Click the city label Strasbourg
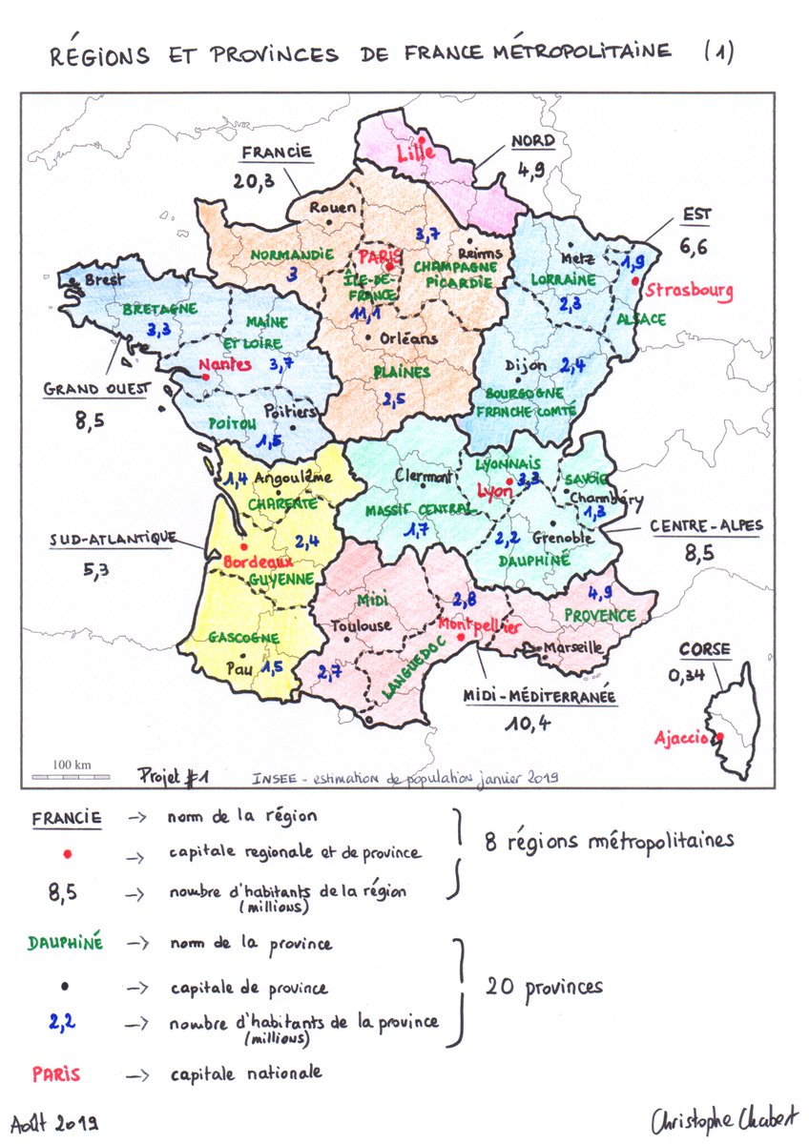pyautogui.click(x=689, y=290)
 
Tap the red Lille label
pyautogui.click(x=417, y=151)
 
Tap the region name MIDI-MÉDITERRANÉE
pyautogui.click(x=539, y=698)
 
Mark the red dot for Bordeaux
pyautogui.click(x=244, y=548)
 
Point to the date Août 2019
pyautogui.click(x=57, y=1124)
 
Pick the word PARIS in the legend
pyautogui.click(x=56, y=1073)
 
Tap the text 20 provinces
pyautogui.click(x=544, y=986)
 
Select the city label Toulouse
pyautogui.click(x=361, y=626)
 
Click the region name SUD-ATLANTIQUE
pyautogui.click(x=113, y=540)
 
